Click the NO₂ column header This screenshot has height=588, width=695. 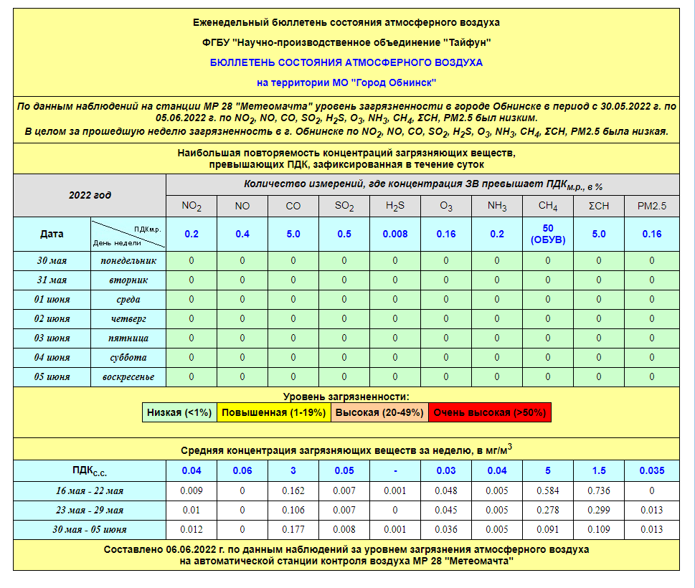192,207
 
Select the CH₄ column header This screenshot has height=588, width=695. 548,207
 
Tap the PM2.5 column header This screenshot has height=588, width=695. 651,207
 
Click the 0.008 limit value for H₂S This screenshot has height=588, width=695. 395,234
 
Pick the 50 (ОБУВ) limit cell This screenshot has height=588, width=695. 548,234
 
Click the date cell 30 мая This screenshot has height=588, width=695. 52,260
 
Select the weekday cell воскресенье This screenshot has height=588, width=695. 128,376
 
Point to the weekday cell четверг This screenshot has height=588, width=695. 128,318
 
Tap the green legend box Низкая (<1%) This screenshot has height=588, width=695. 179,412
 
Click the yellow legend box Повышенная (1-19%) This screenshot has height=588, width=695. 273,412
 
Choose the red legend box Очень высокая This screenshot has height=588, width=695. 490,412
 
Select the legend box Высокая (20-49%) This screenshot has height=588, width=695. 379,412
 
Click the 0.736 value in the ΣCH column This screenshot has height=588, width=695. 599,490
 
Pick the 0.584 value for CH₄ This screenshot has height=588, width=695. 548,490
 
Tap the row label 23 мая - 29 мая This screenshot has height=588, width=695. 89,510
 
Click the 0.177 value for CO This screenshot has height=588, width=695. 293,529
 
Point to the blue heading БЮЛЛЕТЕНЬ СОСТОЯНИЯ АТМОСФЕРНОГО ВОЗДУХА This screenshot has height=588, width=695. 346,62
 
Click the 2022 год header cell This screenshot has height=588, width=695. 90,195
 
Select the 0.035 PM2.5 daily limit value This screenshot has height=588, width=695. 651,470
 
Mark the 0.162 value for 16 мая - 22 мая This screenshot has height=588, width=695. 293,490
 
